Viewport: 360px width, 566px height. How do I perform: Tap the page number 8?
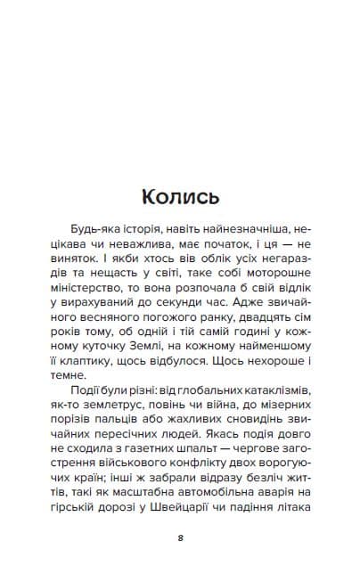click(x=180, y=538)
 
